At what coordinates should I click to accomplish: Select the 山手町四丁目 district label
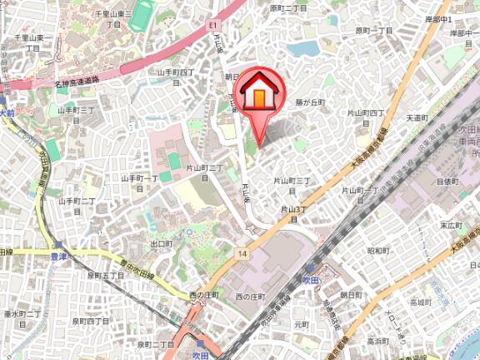point(176,77)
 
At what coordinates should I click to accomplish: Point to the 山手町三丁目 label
point(74,114)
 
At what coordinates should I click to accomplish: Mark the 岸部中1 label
point(461,18)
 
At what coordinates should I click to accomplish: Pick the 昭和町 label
point(377,250)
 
